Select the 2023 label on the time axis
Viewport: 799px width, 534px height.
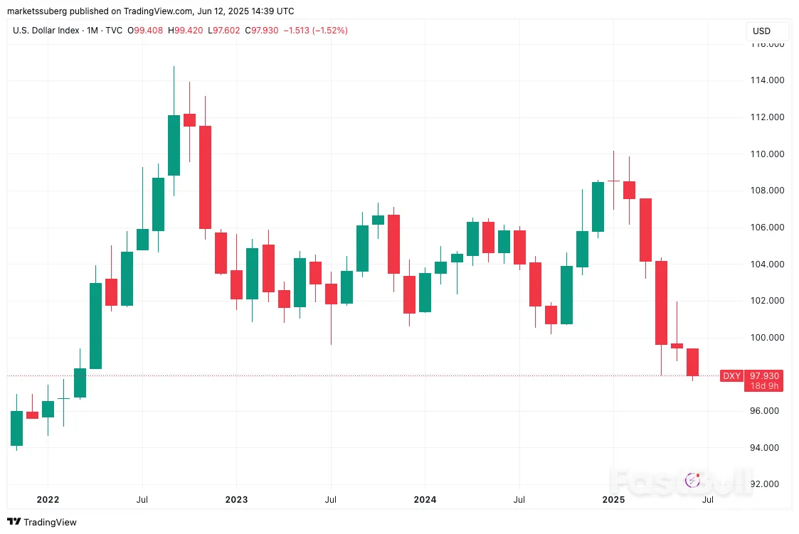(236, 500)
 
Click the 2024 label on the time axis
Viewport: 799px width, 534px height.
(425, 500)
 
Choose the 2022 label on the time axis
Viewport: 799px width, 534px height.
(48, 500)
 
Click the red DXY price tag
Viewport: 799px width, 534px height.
(731, 376)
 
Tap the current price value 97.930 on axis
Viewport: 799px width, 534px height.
(766, 376)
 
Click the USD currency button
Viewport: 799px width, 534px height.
(761, 31)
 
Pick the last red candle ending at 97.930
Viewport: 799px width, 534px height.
(692, 362)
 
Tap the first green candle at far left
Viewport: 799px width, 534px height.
(16, 428)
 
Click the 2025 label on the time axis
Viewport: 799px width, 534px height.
(613, 500)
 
